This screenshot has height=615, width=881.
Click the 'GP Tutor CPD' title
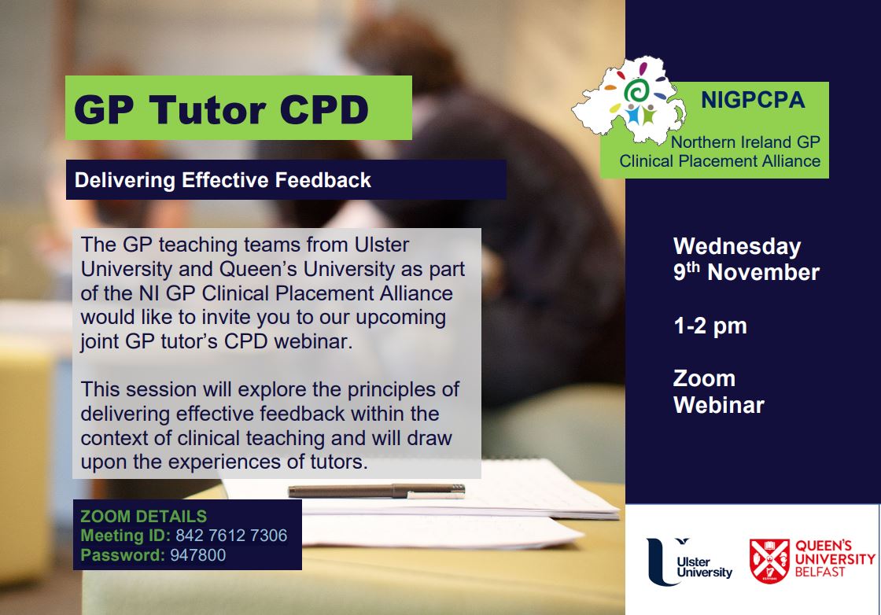pos(221,109)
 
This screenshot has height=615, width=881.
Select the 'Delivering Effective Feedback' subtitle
pos(223,180)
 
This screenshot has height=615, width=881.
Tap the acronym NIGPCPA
pos(753,100)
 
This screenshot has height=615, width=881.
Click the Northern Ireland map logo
pos(629,99)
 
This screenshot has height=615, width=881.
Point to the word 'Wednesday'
pos(737,247)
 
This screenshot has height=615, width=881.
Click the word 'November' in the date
pos(763,272)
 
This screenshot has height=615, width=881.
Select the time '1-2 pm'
pos(710,326)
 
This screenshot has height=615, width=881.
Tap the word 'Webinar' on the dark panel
pos(719,405)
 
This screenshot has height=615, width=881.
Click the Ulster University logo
pos(689,562)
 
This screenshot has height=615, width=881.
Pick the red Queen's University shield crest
pos(769,561)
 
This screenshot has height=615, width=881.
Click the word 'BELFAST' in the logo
pos(820,573)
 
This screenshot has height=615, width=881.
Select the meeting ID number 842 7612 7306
pos(231,536)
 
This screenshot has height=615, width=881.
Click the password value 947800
pos(197,555)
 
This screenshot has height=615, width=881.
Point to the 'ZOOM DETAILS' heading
pos(143,516)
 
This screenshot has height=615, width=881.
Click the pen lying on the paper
pos(377,491)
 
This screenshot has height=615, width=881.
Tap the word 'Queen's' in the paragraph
pos(258,269)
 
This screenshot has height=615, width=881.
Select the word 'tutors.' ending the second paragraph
pos(339,462)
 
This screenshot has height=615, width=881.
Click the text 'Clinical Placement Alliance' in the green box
pos(720,161)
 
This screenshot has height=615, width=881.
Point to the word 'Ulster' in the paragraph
pos(382,245)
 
